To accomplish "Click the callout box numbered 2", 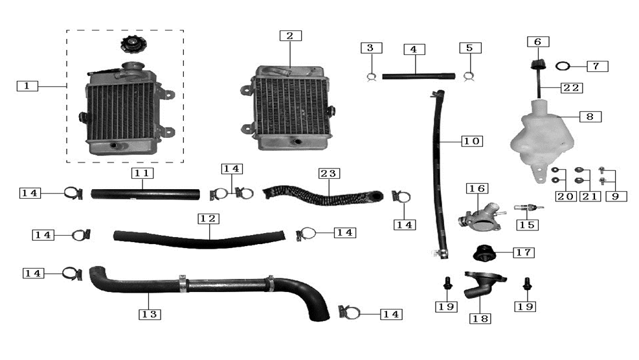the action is pos(291,36).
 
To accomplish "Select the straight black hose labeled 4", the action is pos(418,76).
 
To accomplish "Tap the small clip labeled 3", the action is pos(371,76).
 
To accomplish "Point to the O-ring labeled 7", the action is pos(563,65).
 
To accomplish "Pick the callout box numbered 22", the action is pos(572,87).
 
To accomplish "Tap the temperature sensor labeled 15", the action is pos(528,208).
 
